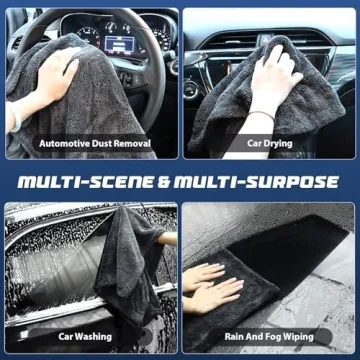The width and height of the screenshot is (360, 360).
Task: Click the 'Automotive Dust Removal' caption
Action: pyautogui.click(x=94, y=144)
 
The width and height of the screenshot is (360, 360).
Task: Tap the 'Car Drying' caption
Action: pyautogui.click(x=269, y=144)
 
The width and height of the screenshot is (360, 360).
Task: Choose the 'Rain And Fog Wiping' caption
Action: pyautogui.click(x=269, y=337)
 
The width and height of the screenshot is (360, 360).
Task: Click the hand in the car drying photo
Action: pyautogui.click(x=269, y=75)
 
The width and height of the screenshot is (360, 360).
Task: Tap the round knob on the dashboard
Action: pyautogui.click(x=191, y=88)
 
